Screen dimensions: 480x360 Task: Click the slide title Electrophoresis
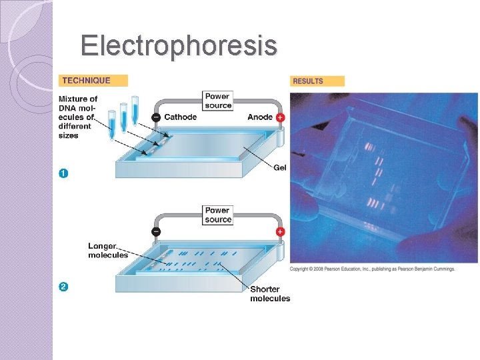click(x=179, y=46)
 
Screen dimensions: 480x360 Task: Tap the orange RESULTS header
click(x=317, y=81)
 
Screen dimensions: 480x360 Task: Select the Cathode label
click(x=180, y=117)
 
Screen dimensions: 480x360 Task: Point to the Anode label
click(x=260, y=117)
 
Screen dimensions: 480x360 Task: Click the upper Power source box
click(x=219, y=101)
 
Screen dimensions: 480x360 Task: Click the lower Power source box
click(x=219, y=215)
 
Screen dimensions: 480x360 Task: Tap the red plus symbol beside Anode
click(x=280, y=117)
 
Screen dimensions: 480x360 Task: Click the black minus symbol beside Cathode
click(x=155, y=117)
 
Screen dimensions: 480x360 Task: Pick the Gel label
click(x=280, y=167)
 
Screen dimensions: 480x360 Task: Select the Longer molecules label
click(x=107, y=251)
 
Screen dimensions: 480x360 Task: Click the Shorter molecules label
click(x=270, y=294)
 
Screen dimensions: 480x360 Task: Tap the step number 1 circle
click(x=63, y=173)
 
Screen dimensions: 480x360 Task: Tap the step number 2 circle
click(x=63, y=287)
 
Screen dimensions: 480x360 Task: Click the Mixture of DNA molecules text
click(x=78, y=117)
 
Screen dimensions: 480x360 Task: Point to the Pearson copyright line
click(x=372, y=269)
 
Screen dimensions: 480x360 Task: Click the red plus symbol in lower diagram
click(x=280, y=232)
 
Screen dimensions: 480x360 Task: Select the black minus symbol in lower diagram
click(x=155, y=232)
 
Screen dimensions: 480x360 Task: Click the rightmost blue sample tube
click(x=135, y=110)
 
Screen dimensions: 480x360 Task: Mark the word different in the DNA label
click(x=75, y=127)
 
